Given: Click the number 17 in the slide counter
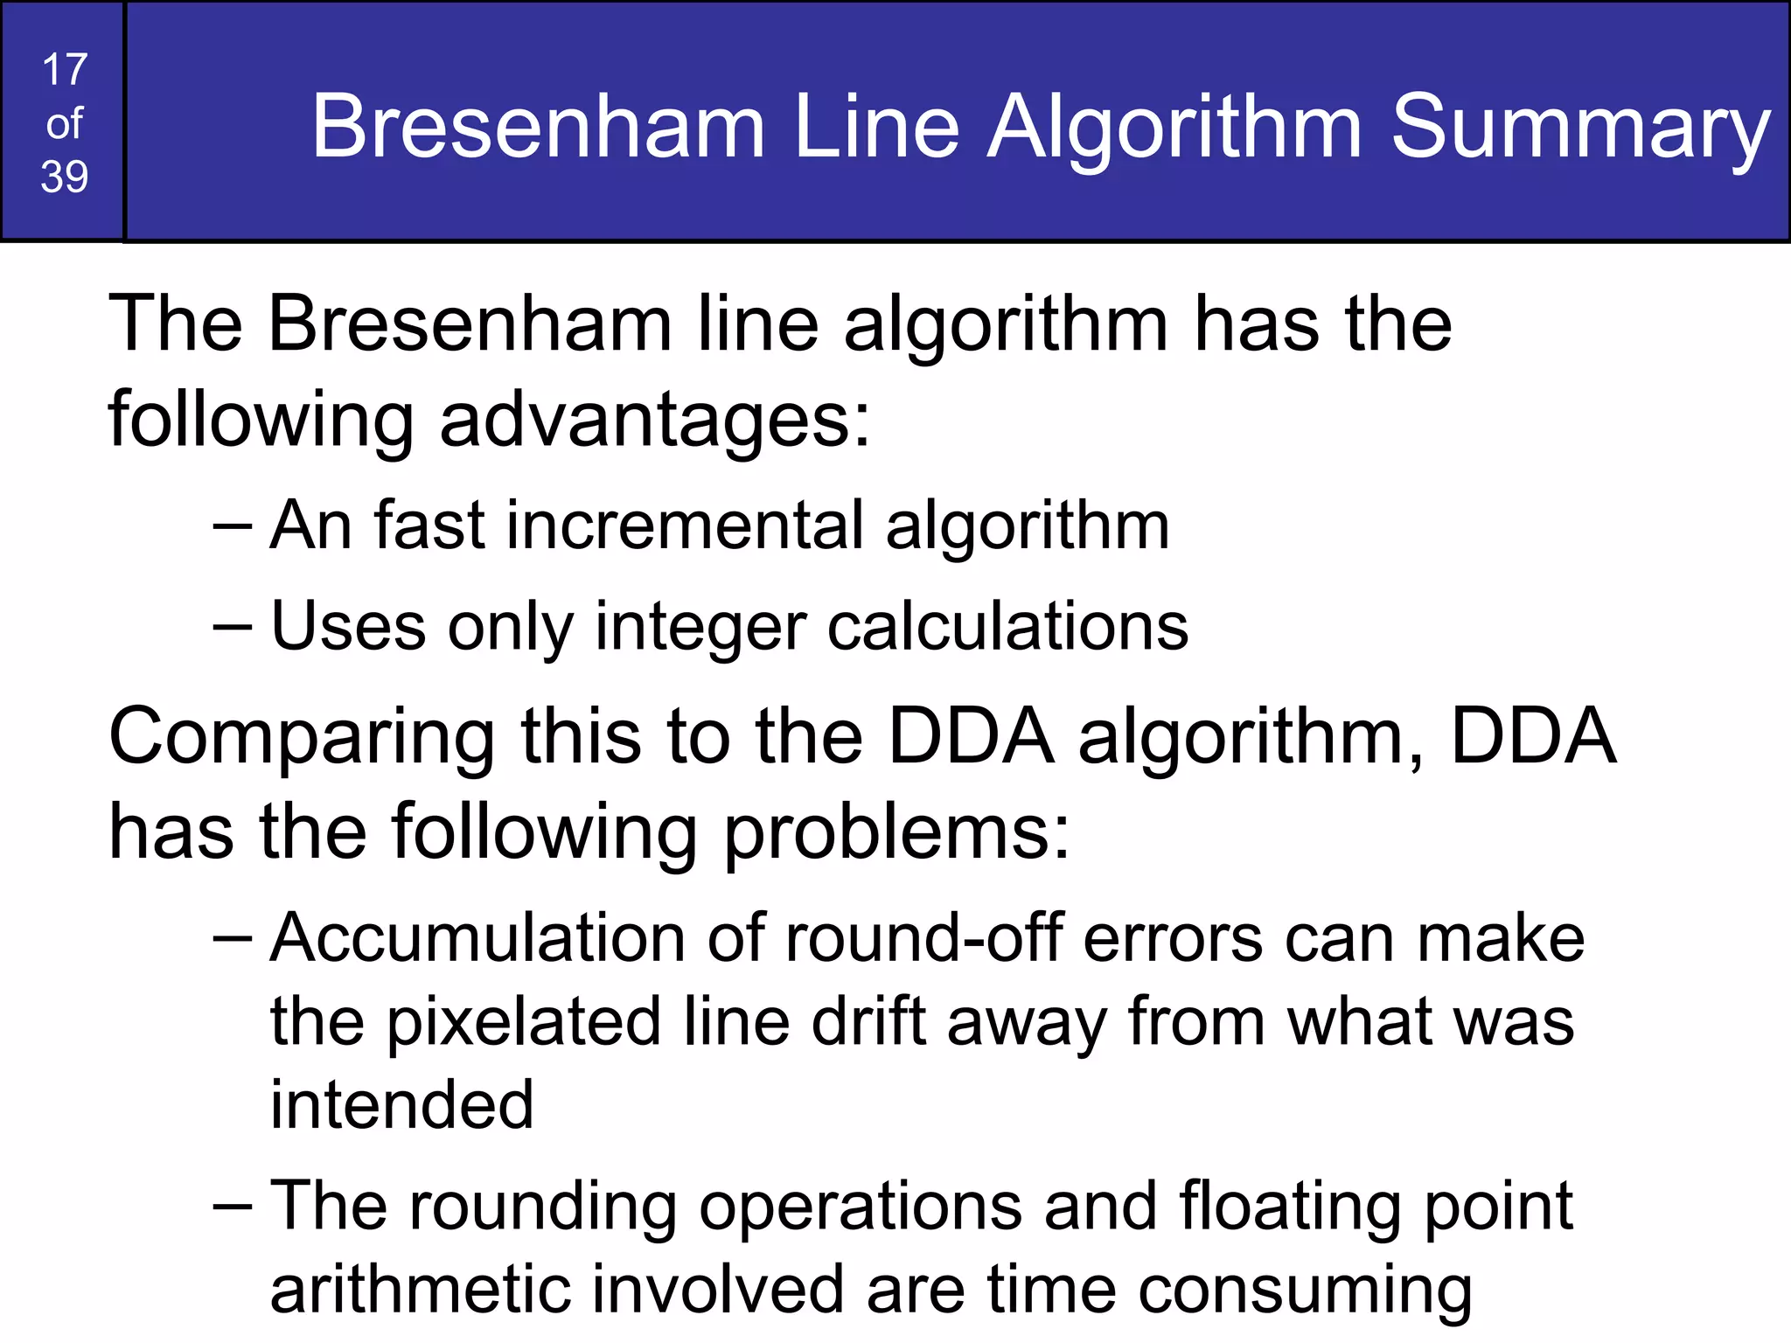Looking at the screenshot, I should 65,70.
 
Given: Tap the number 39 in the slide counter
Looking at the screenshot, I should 65,177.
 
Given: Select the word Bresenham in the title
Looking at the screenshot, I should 539,128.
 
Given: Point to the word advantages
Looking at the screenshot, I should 654,420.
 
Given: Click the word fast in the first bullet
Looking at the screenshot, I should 429,525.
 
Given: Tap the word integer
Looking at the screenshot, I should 700,628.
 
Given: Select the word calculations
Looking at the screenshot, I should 1007,626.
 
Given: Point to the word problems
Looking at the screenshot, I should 896,832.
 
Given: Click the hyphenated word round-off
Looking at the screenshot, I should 923,938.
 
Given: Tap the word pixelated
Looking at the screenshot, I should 523,1022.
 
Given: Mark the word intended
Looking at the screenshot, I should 401,1104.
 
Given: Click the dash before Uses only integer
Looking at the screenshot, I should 233,628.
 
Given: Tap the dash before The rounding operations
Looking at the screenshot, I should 233,1207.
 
